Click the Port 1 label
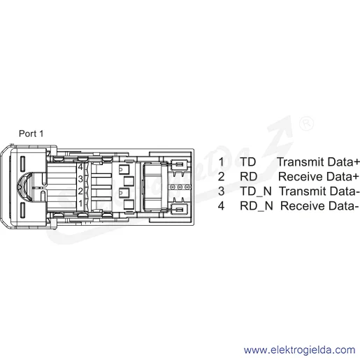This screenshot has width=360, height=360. pos(31,134)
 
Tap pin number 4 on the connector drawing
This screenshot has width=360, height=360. pos(80,167)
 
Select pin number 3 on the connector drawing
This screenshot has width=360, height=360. pos(80,179)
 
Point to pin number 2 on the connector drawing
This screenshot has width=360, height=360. pos(80,192)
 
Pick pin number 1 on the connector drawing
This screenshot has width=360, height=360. pos(80,203)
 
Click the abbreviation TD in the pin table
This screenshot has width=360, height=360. pos(248,162)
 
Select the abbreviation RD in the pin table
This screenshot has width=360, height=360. pos(249,177)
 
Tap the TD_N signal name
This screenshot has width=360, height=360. pos(256,192)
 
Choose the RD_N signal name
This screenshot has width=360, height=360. pos(257,206)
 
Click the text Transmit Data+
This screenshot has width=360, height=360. pos(319,162)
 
